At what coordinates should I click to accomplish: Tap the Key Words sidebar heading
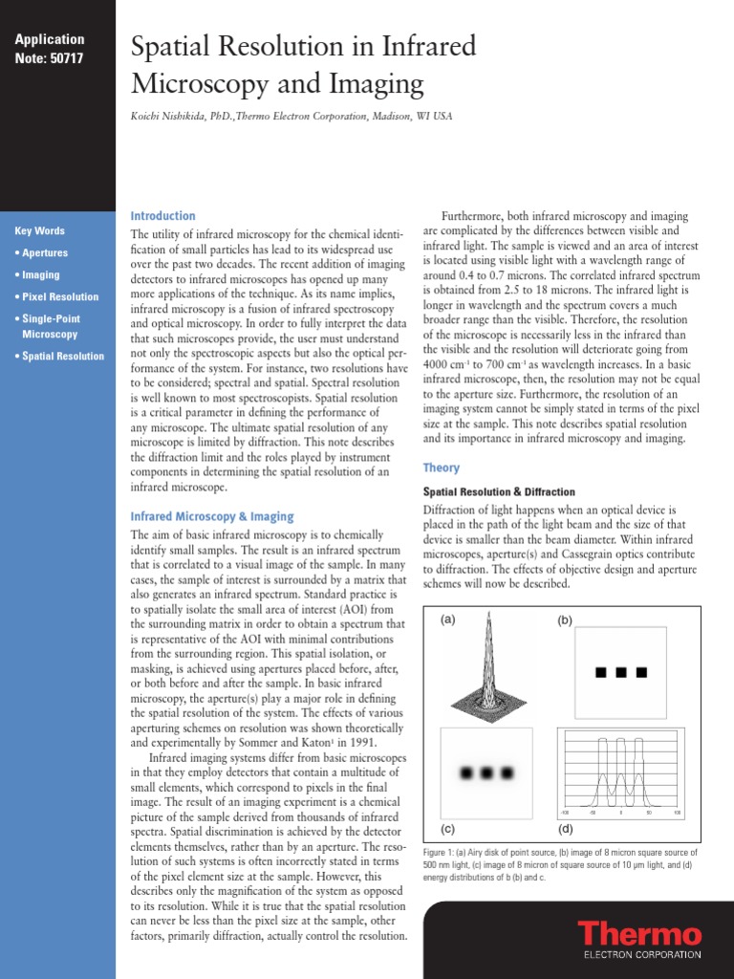[x=40, y=231]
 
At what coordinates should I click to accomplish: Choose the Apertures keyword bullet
[x=44, y=253]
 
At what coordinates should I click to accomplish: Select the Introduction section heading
[x=162, y=216]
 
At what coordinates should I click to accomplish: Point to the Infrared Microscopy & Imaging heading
[x=211, y=516]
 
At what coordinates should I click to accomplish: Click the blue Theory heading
[x=441, y=468]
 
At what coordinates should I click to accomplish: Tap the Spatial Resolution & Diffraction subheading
[x=492, y=491]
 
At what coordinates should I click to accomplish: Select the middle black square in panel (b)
[x=620, y=673]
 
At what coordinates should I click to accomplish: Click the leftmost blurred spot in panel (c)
[x=469, y=772]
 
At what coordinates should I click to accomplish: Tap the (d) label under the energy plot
[x=565, y=828]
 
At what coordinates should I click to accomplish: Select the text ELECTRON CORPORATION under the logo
[x=641, y=953]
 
